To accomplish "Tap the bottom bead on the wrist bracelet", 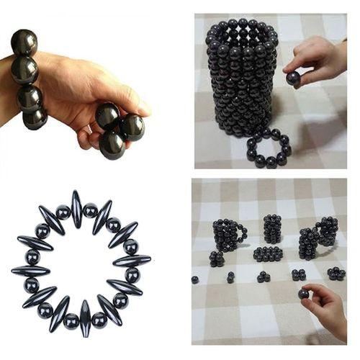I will [x=34, y=117].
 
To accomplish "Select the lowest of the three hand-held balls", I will [x=112, y=144].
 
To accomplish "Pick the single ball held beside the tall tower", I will [x=293, y=78].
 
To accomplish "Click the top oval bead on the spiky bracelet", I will [x=76, y=208].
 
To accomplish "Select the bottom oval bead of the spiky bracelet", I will [x=86, y=318].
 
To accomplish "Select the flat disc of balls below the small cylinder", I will [x=268, y=254].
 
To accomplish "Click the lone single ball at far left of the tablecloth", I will [x=195, y=279].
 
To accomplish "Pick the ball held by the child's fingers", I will [x=304, y=294].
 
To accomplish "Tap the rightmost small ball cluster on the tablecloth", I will [x=336, y=273].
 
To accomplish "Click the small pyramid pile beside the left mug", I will [x=216, y=258].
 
